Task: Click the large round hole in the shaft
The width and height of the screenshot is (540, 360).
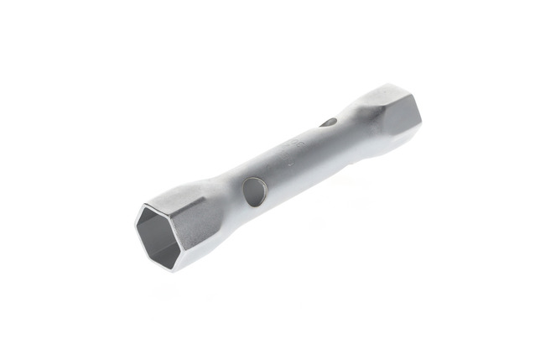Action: (x=251, y=192)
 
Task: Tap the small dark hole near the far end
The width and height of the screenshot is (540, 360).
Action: (x=328, y=123)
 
